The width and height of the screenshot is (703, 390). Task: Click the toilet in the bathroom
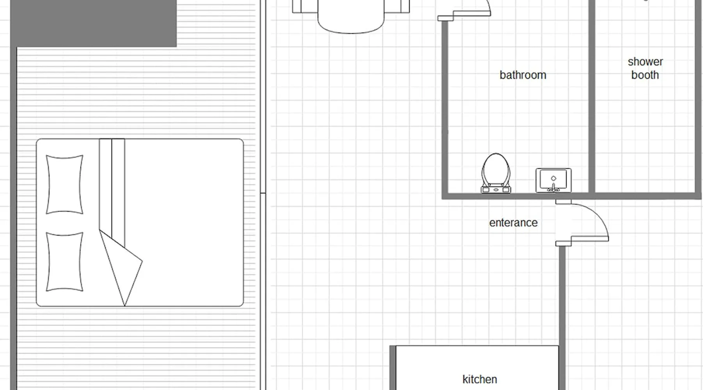tap(496, 173)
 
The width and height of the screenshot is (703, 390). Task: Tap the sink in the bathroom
tap(553, 180)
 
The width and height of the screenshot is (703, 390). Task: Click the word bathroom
tap(523, 75)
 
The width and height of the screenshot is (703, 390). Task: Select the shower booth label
tap(645, 68)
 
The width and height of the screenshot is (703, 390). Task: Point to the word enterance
tap(513, 223)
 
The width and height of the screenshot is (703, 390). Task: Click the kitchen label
tap(480, 379)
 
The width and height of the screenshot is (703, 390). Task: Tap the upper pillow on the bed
tap(64, 184)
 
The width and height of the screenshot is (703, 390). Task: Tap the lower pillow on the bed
tap(64, 262)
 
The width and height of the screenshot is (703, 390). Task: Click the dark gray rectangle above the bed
tap(93, 23)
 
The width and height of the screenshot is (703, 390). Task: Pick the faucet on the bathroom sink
tap(553, 188)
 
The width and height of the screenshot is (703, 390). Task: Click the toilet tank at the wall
tap(496, 190)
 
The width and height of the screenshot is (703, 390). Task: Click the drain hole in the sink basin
tap(553, 178)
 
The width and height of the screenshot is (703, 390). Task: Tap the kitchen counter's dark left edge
tap(393, 368)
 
